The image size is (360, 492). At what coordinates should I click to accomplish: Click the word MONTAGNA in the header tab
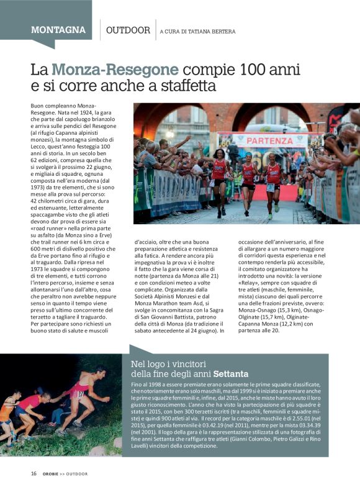(58, 30)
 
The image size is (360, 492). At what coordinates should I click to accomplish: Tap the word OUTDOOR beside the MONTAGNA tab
(128, 30)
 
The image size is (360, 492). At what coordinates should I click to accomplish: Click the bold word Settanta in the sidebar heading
(231, 375)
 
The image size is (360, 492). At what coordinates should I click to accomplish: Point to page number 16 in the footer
(34, 473)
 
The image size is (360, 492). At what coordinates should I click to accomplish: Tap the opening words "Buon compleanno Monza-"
(56, 106)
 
